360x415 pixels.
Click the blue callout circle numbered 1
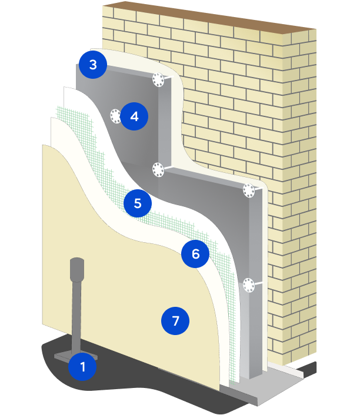[82, 367]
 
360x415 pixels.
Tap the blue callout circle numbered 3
[93, 65]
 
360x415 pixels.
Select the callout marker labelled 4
[134, 116]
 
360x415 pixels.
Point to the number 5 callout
[138, 203]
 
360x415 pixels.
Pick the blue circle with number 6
[195, 254]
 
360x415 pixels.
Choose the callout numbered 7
[175, 321]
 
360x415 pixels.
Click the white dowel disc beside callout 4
[115, 116]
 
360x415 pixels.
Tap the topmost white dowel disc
[158, 80]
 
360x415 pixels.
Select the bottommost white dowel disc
[249, 285]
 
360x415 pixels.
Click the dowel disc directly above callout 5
[158, 170]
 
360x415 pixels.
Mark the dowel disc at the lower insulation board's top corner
[249, 190]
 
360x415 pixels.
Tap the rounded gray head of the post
[77, 269]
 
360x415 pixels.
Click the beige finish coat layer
[127, 291]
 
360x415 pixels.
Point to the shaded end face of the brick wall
[299, 185]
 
